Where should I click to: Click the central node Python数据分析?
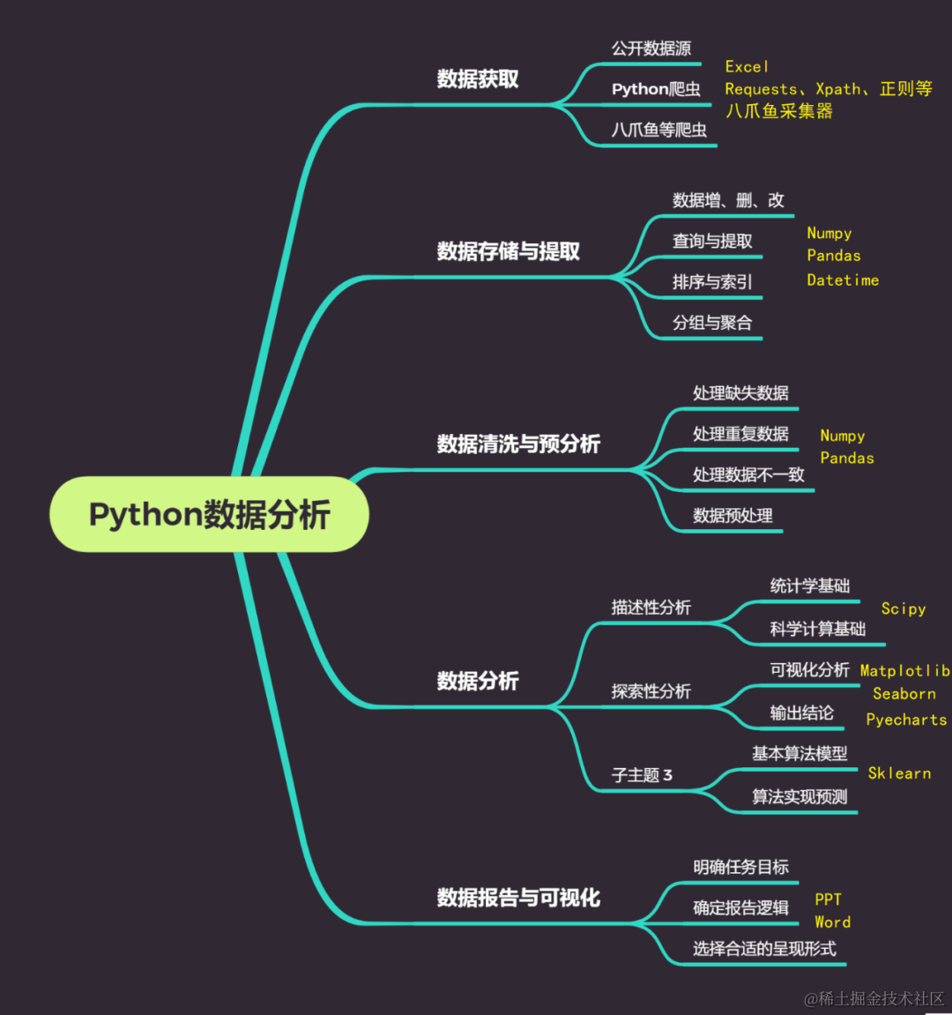(209, 514)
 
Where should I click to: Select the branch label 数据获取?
(478, 79)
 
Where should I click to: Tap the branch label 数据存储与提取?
(508, 251)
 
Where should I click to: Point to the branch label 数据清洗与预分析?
(518, 444)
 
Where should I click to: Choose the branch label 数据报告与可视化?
(518, 898)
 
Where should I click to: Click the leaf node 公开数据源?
(651, 49)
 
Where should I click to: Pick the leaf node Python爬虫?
(656, 89)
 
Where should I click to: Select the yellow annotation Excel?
(747, 67)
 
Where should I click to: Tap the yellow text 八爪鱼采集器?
(779, 111)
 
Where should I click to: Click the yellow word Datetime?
(843, 280)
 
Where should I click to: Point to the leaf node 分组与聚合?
(712, 323)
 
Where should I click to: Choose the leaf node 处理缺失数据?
(740, 393)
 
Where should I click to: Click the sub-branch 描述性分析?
(651, 608)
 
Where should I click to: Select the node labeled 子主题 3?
(642, 775)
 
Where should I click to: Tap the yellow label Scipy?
(904, 608)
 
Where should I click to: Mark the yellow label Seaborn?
(904, 694)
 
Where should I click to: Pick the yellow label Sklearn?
(899, 773)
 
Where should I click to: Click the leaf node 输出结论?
(801, 713)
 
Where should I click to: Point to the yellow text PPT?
(828, 899)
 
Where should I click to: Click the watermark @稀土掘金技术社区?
(874, 998)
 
